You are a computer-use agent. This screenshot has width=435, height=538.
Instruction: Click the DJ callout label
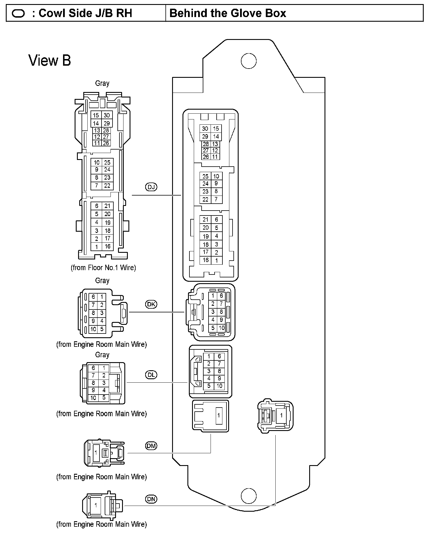pos(151,187)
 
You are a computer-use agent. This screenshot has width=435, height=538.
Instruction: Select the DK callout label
pos(151,304)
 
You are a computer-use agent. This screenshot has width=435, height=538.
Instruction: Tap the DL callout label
pos(151,375)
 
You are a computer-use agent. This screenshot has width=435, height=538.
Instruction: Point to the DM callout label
pos(151,446)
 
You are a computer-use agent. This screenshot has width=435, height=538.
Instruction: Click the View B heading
pos(49,61)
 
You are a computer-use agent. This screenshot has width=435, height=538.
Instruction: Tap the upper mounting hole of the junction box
pos(248,61)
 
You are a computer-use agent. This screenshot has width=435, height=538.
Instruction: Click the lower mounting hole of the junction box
pos(248,496)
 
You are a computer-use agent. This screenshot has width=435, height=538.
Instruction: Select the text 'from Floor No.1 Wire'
pos(103,268)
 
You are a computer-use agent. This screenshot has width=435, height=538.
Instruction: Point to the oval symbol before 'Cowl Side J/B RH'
pos(18,14)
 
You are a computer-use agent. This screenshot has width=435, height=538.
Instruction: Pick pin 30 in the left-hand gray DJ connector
pos(107,115)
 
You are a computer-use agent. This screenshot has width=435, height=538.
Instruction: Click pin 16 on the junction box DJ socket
pos(206,260)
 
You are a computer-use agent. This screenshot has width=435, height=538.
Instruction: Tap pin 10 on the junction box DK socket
pos(222,328)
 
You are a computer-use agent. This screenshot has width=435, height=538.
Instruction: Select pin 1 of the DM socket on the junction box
pos(219,415)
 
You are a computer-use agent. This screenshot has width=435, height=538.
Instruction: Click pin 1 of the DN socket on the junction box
pos(281,415)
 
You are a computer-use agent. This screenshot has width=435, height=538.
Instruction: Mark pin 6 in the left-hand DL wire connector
pos(93,368)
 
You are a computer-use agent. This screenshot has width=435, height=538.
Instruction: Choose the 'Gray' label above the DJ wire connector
pos(102,83)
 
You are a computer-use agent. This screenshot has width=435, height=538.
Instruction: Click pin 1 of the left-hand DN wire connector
pos(96,505)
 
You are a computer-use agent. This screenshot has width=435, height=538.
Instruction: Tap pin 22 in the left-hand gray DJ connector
pos(107,186)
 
